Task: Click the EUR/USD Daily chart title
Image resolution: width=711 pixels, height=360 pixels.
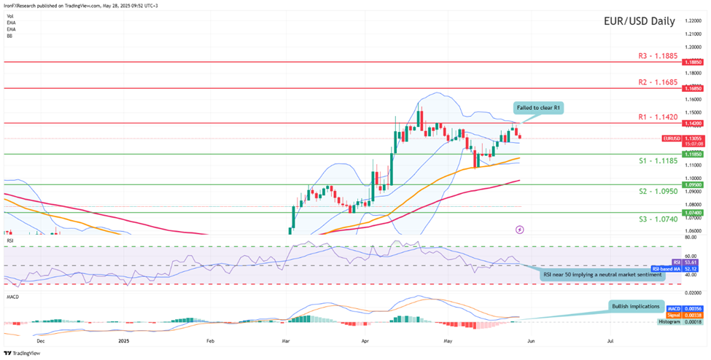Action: (640, 22)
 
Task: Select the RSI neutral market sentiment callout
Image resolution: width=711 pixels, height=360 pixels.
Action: (603, 275)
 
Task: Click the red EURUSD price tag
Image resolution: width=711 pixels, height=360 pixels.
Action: (672, 138)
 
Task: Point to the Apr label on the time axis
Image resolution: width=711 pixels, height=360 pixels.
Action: (364, 340)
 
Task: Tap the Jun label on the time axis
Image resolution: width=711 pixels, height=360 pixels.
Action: (531, 340)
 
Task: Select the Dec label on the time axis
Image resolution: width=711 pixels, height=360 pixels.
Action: (41, 340)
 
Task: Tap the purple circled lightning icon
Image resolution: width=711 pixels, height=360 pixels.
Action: (519, 229)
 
